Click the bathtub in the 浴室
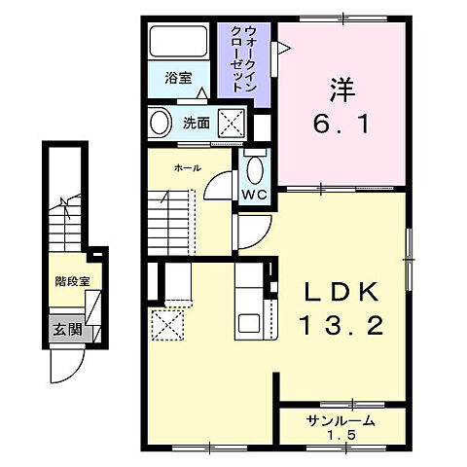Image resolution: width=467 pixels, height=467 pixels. tap(178, 41)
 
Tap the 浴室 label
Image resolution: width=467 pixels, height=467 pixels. tap(178, 78)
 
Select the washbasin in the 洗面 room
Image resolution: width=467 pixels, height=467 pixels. tap(161, 124)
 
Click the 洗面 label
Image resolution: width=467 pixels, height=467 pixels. tap(197, 124)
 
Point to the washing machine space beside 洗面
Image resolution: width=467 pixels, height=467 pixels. tap(231, 124)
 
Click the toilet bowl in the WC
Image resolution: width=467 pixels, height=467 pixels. tap(255, 169)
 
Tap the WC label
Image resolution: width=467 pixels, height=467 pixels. tap(255, 195)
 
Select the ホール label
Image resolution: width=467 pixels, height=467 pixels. tap(188, 168)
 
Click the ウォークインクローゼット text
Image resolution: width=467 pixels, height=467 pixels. tap(243, 59)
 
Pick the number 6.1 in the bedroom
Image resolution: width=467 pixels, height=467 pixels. tap(341, 125)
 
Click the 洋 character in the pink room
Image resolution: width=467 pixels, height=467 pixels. tap(342, 90)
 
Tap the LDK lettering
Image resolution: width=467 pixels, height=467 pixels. tap(341, 292)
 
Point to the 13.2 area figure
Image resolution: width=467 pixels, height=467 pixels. tap(341, 326)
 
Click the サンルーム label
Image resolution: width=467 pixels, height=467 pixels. tap(341, 421)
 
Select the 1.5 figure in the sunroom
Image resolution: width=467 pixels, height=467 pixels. tap(341, 435)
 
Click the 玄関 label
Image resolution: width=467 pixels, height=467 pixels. tap(68, 330)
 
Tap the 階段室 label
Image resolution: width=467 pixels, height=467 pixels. tap(72, 281)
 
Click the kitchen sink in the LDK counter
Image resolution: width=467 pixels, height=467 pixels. tap(249, 323)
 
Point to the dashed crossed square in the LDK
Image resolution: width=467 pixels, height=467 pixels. tap(167, 325)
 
